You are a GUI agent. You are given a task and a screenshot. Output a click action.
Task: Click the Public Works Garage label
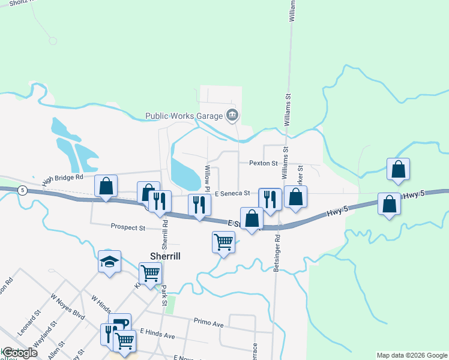(x=183, y=116)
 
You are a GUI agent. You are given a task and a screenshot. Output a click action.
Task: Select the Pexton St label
(x=263, y=163)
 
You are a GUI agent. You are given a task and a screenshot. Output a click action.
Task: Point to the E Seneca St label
(x=232, y=193)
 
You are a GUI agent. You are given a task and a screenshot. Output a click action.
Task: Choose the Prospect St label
(x=128, y=227)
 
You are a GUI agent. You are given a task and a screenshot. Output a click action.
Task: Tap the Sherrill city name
(x=165, y=255)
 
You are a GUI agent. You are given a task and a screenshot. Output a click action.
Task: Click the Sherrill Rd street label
(x=164, y=234)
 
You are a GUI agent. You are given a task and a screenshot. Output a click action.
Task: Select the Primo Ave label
(x=208, y=324)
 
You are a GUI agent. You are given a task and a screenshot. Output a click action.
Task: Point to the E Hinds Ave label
(x=157, y=334)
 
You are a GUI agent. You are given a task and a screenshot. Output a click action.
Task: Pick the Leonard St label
(x=28, y=322)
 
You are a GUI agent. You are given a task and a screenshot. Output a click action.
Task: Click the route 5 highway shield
(x=22, y=190)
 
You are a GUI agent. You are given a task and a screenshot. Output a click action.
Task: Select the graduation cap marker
(x=110, y=262)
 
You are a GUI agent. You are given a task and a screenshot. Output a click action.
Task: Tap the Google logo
(x=19, y=353)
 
